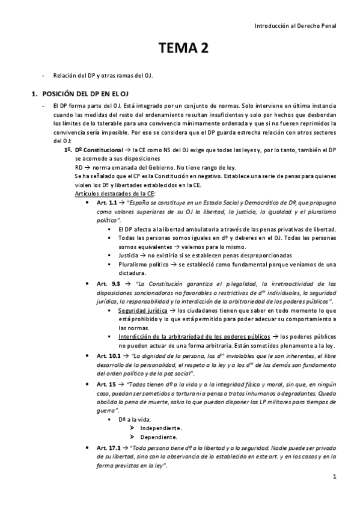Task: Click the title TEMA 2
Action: pyautogui.click(x=183, y=49)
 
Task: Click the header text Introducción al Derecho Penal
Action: pyautogui.click(x=296, y=26)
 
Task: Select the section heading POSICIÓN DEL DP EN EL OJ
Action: pyautogui.click(x=84, y=94)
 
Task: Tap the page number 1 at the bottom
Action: pyautogui.click(x=335, y=477)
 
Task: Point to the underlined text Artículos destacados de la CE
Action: pyautogui.click(x=115, y=194)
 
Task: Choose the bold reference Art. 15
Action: pyautogui.click(x=105, y=384)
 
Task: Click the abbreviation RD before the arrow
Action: pyautogui.click(x=79, y=168)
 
